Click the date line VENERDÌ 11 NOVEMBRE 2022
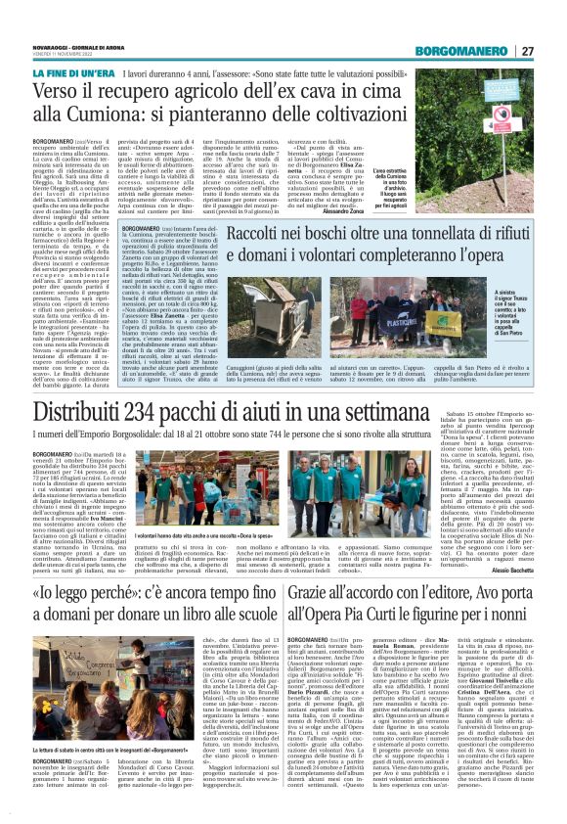(x=71, y=55)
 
